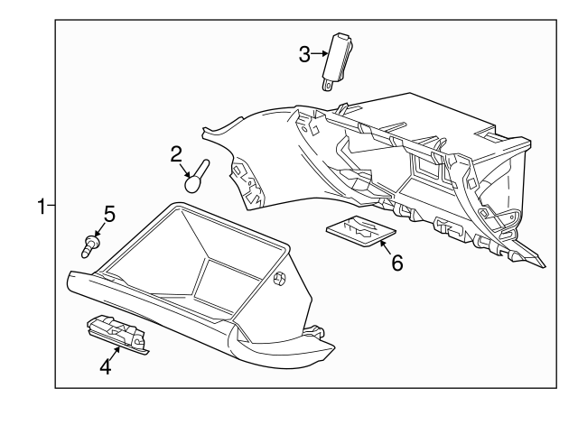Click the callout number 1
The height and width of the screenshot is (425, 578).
[x=42, y=206]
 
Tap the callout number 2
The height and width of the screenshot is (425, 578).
[x=176, y=154]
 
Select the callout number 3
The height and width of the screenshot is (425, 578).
[x=304, y=54]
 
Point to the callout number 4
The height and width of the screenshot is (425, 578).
[x=106, y=367]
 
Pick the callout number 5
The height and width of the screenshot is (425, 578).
[x=109, y=214]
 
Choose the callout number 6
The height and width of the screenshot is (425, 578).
[x=397, y=263]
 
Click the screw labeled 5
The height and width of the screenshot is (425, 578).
[x=90, y=246]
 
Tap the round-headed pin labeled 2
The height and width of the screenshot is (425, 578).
[x=197, y=176]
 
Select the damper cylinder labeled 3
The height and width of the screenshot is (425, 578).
[x=337, y=61]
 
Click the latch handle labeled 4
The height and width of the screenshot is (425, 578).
[x=117, y=335]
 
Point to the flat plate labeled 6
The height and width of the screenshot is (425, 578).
[x=361, y=231]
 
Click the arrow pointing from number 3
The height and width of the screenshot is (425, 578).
[x=319, y=54]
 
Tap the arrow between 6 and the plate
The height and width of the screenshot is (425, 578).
[x=386, y=247]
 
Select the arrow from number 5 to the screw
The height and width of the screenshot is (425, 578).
[x=99, y=230]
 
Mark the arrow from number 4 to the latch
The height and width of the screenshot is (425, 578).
[x=115, y=354]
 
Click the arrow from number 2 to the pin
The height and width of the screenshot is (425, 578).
[x=185, y=171]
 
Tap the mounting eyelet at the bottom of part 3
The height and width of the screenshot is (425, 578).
[x=327, y=86]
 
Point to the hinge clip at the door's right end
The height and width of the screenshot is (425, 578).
[x=314, y=330]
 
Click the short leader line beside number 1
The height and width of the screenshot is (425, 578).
[x=51, y=205]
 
